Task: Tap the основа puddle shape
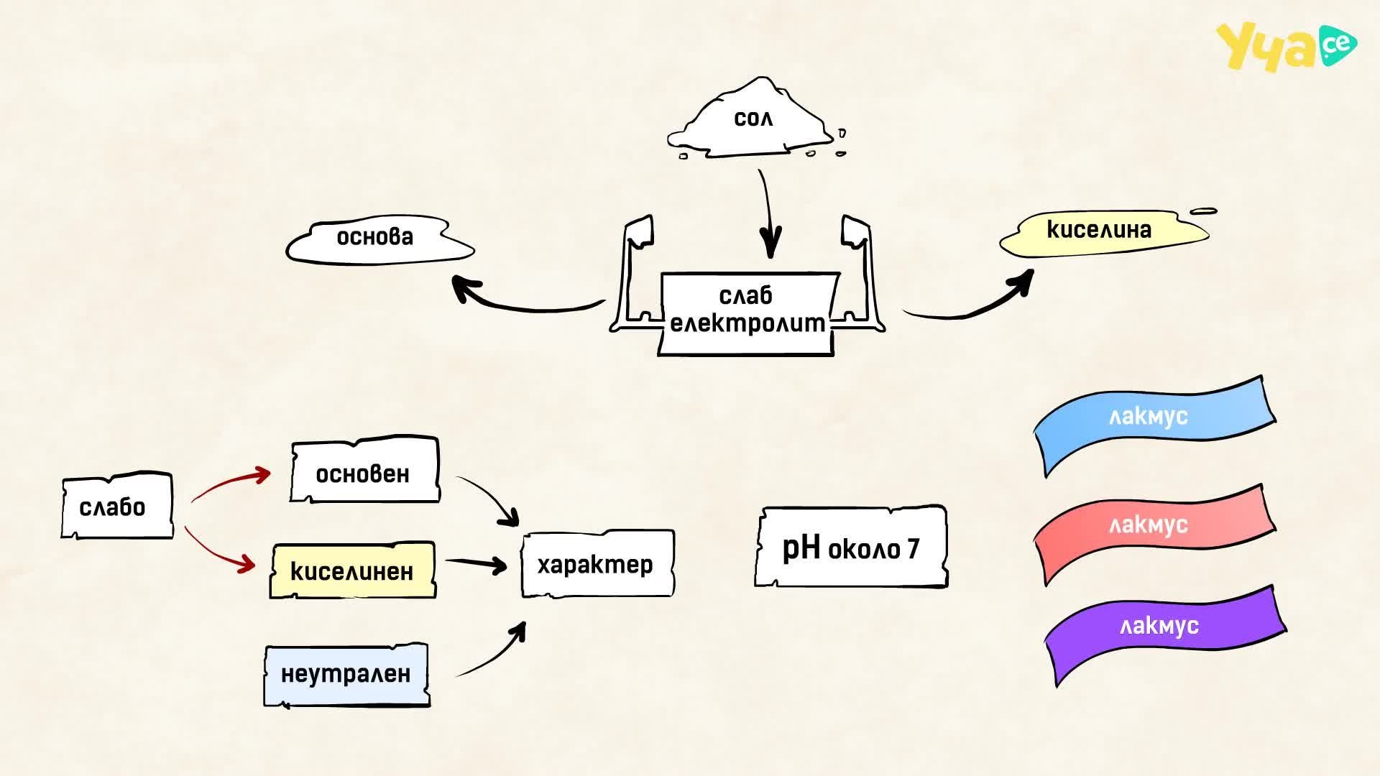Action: (379, 239)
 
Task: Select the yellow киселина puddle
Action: (1105, 231)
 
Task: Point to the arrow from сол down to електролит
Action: (768, 213)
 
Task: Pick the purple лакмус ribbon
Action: (1164, 632)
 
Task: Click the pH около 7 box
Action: (851, 548)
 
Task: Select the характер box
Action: (597, 564)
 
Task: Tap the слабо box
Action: (117, 506)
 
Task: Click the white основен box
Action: (365, 470)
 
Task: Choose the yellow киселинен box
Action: (353, 571)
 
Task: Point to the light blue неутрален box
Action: (347, 675)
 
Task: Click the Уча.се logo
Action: (1287, 46)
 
